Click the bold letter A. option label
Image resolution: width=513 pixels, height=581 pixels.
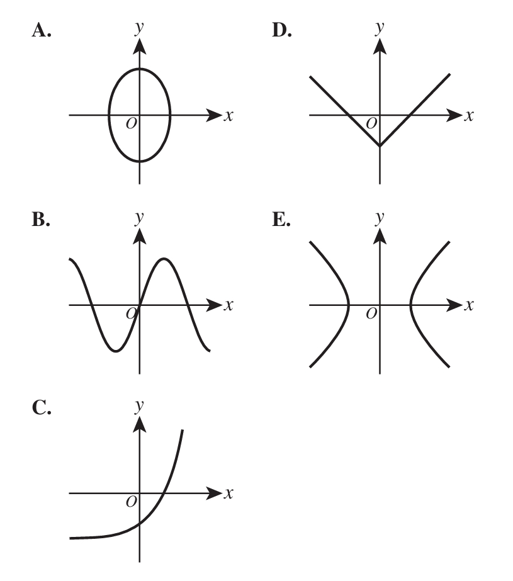[x=41, y=30]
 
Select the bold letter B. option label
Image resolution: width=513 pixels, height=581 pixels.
[x=41, y=219]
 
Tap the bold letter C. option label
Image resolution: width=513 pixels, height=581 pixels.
[x=42, y=408]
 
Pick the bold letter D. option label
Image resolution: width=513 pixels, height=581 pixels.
[x=282, y=30]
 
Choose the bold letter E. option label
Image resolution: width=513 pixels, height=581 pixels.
[x=281, y=219]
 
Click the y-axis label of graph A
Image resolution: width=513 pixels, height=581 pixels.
[x=139, y=28]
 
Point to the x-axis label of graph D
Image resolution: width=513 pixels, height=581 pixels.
[x=469, y=116]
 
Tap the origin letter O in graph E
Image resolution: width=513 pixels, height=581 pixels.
[x=371, y=314]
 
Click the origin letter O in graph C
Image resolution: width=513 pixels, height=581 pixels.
[x=131, y=502]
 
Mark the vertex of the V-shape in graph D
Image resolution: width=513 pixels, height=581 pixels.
[x=380, y=145]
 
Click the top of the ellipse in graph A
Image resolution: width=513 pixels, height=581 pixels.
[x=140, y=69]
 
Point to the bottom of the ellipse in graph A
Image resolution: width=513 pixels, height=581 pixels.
[x=140, y=161]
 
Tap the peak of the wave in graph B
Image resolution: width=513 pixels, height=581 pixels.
[x=164, y=259]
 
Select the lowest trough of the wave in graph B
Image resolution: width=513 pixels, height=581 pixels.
[x=116, y=351]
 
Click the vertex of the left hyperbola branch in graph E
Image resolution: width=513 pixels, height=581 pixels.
[x=349, y=305]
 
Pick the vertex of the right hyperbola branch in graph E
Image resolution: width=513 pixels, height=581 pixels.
[x=411, y=305]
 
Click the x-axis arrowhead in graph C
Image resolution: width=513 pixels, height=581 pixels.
[x=214, y=493]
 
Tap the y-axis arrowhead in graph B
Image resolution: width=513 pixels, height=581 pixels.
[x=139, y=237]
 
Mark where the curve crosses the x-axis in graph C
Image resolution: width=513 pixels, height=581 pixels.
[x=164, y=493]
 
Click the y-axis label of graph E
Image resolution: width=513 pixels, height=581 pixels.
[x=380, y=218]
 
